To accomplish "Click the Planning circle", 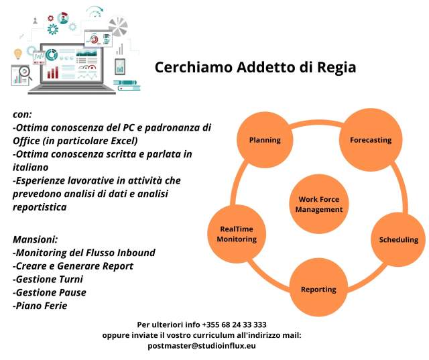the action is tap(265, 140).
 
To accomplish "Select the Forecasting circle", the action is tap(371, 140).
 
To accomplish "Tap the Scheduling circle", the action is tap(399, 239).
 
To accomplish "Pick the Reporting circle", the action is tap(318, 289).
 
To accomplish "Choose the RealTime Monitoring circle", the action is tap(237, 234).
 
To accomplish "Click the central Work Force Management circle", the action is tap(319, 204).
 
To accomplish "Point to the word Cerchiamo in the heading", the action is tap(194, 67).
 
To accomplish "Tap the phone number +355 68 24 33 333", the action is tap(234, 324).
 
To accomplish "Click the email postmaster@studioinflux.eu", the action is tap(202, 346).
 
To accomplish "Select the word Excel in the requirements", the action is tap(123, 141).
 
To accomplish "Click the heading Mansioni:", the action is tap(36, 239).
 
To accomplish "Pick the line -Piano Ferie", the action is tap(40, 306).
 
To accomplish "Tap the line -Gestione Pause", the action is tap(50, 292).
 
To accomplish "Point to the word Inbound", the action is tap(136, 253).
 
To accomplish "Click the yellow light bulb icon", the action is tap(18, 54).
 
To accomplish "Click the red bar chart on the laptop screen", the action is tap(53, 72).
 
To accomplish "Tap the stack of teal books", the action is tap(127, 85).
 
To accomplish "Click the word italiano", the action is tap(31, 167).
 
